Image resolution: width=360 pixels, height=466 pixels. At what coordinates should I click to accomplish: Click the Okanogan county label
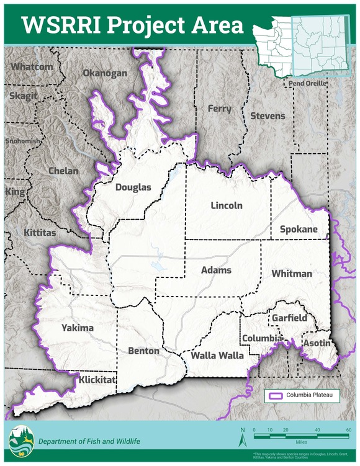click(105, 73)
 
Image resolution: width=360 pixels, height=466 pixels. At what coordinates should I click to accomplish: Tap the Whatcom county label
click(32, 66)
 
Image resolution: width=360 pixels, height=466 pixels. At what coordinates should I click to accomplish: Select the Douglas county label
click(133, 187)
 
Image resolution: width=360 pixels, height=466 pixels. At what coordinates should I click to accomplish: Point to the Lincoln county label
click(226, 205)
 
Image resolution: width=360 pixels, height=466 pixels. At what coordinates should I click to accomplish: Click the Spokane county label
click(299, 229)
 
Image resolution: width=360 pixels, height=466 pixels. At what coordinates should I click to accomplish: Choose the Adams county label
click(216, 271)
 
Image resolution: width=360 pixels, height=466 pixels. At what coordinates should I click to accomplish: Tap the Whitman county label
click(292, 274)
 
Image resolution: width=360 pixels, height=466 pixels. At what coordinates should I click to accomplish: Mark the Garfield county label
click(289, 318)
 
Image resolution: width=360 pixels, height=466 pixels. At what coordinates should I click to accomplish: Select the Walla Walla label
click(217, 356)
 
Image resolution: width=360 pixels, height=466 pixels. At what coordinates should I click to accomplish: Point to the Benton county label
click(143, 351)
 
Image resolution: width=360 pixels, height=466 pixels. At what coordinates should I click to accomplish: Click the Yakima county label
click(78, 328)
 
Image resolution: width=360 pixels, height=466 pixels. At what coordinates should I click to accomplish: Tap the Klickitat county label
click(97, 378)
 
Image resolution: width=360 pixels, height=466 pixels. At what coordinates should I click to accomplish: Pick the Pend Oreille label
click(306, 83)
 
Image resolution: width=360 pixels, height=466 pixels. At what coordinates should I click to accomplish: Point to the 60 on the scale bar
click(349, 429)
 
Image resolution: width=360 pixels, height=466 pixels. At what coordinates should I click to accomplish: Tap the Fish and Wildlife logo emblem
click(19, 441)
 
